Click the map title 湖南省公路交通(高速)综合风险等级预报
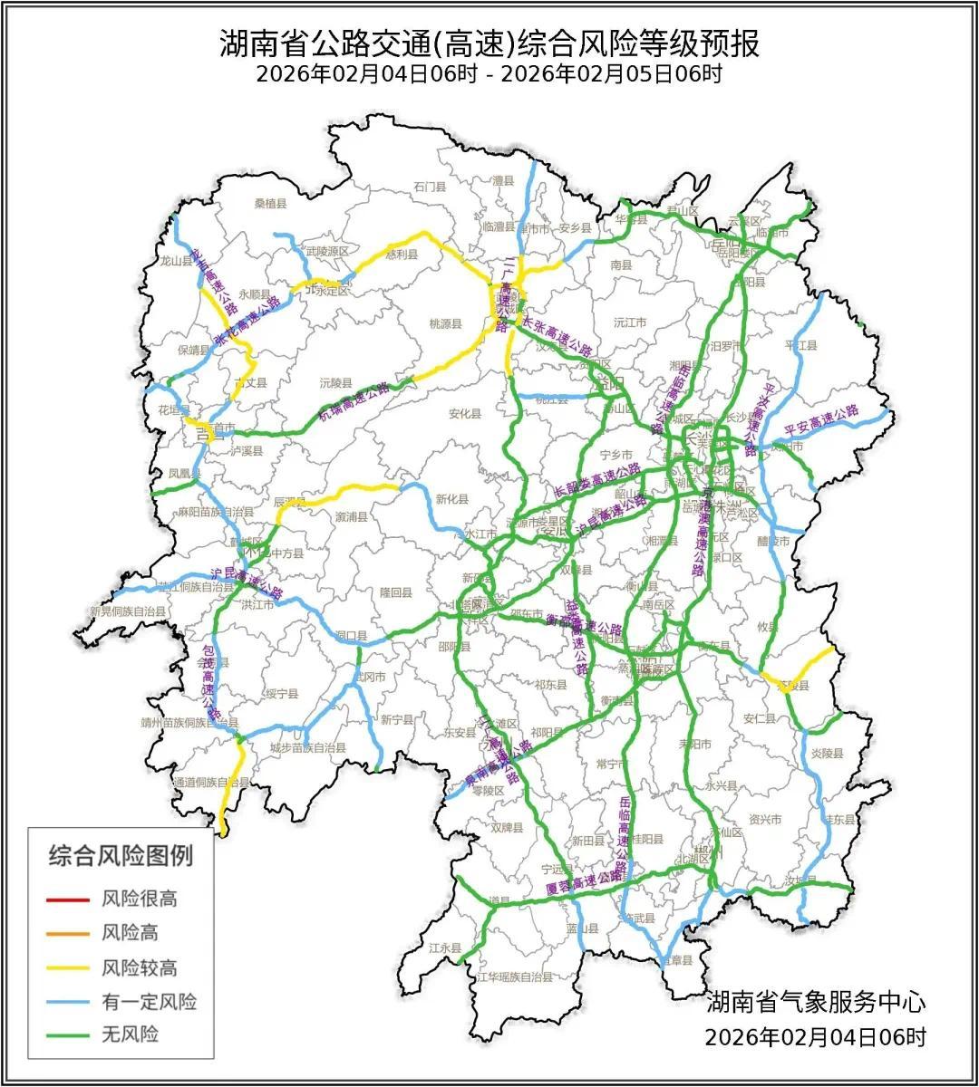click(489, 43)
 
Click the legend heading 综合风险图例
click(121, 854)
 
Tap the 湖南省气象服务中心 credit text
click(816, 1003)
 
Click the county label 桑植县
click(270, 204)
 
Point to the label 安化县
click(465, 414)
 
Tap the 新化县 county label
click(451, 499)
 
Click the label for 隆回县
click(396, 592)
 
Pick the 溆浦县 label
click(351, 518)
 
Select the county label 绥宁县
click(282, 693)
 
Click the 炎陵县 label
click(827, 753)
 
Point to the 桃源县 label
click(445, 322)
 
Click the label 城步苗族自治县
click(308, 748)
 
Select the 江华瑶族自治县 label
click(514, 977)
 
